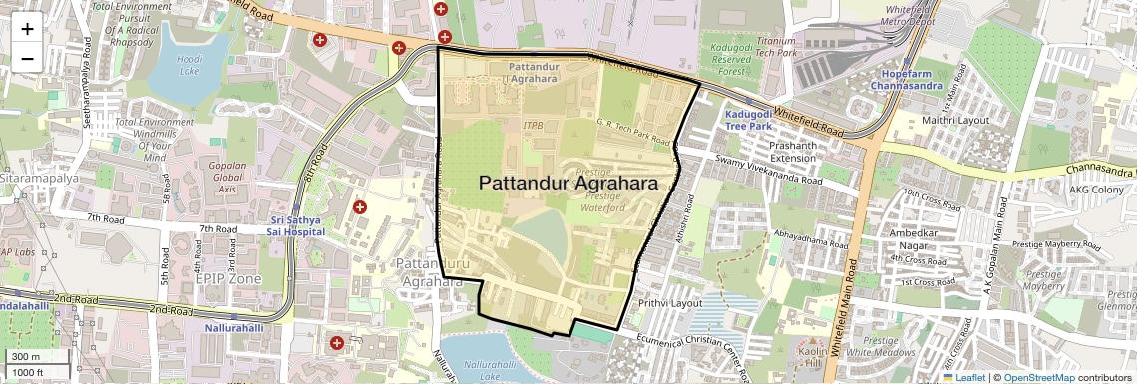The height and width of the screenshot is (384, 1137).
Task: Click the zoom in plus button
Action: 27,29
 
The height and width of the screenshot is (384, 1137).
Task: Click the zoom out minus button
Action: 27,58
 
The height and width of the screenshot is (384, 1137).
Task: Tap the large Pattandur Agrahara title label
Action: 568,184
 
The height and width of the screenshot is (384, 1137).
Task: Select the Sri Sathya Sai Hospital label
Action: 298,224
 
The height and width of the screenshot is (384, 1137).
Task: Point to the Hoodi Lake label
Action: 189,65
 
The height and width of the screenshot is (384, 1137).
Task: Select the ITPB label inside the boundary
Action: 534,127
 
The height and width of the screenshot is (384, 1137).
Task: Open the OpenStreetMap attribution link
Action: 1038,377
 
